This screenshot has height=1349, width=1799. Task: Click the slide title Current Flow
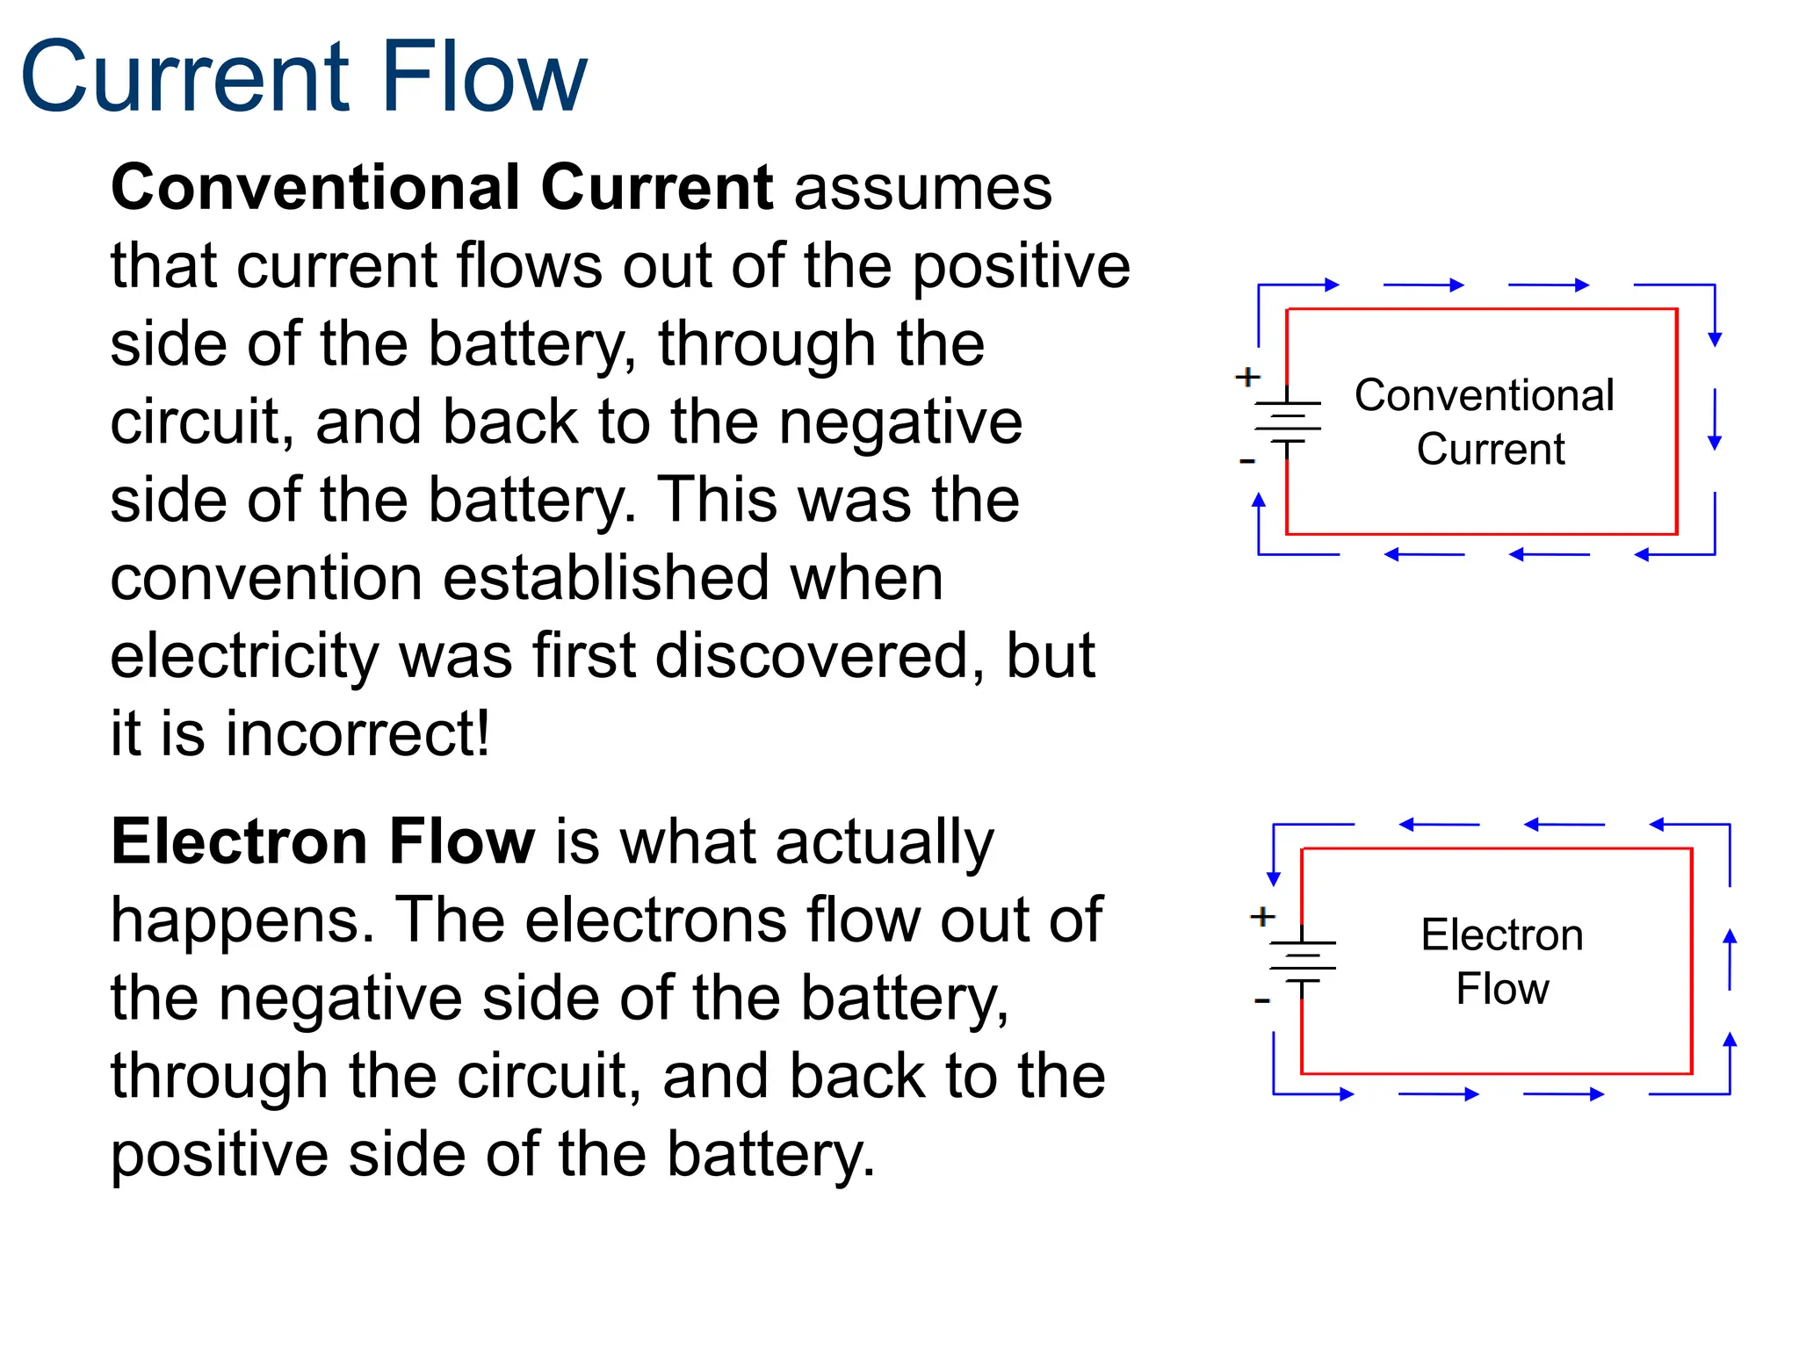point(303,77)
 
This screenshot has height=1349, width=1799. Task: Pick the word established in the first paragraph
point(606,578)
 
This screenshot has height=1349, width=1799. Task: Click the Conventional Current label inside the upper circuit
point(1485,422)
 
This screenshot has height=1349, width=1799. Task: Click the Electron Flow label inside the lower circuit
point(1502,962)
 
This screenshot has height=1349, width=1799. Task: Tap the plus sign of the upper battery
point(1247,378)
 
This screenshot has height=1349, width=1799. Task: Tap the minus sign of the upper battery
point(1247,460)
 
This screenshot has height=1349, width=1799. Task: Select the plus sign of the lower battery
point(1262,917)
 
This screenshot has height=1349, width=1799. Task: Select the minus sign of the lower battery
point(1262,1000)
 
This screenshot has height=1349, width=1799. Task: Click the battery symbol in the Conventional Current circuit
point(1288,422)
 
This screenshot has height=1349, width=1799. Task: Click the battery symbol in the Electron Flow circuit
point(1303,962)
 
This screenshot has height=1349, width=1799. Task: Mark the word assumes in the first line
point(922,188)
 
